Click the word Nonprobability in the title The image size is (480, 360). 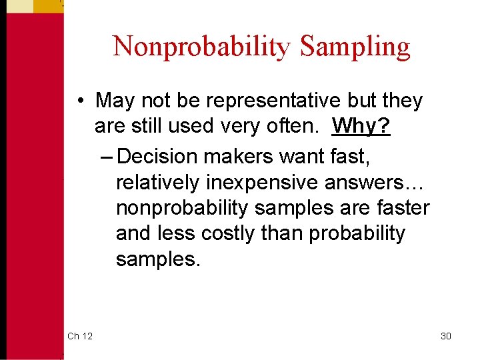coord(202,47)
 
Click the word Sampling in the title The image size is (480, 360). coord(355,47)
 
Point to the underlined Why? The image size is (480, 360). coord(361,125)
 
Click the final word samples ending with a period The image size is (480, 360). coord(157,259)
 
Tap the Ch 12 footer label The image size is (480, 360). coord(80,336)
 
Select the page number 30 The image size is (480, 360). coord(446,336)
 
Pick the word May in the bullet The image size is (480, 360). coord(115,101)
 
